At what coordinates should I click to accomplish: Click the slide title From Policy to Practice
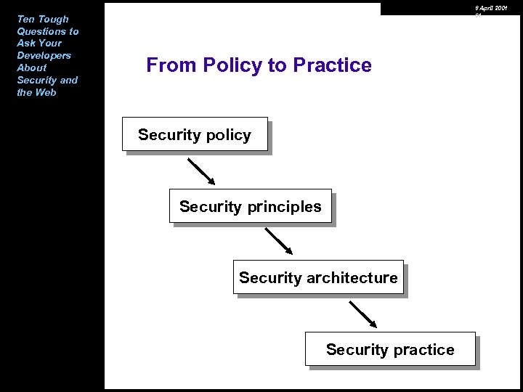[259, 65]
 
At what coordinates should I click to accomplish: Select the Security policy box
[195, 134]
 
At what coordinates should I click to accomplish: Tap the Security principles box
[251, 206]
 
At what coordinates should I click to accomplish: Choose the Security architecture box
[318, 277]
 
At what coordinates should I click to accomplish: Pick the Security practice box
[390, 349]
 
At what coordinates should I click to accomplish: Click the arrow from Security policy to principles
[201, 171]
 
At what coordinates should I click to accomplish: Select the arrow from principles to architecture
[278, 242]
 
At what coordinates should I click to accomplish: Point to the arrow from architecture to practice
[363, 314]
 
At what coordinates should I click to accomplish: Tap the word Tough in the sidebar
[53, 19]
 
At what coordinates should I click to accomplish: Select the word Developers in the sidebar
[44, 55]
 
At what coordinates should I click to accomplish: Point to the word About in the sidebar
[32, 68]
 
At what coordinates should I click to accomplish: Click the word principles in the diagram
[284, 207]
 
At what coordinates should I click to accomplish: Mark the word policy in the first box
[227, 135]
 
